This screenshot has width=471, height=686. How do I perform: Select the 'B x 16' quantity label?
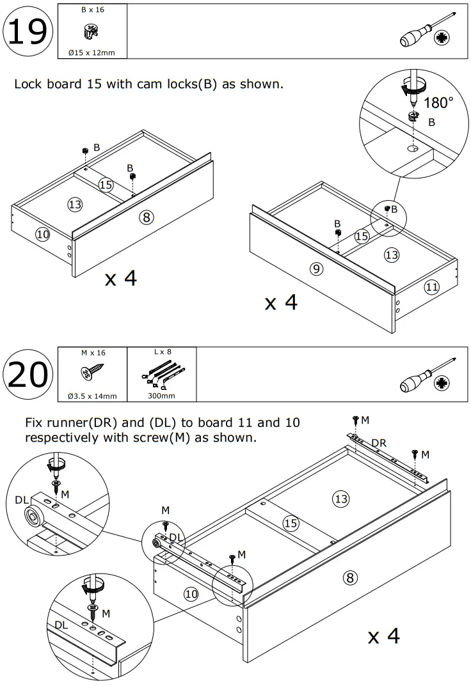92,11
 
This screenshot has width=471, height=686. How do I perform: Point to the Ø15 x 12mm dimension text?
92,52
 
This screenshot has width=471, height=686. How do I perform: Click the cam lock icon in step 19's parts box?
91,31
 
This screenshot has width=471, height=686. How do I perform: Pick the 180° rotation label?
438,103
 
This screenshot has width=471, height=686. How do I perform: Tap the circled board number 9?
315,269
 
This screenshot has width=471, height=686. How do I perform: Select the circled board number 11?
432,287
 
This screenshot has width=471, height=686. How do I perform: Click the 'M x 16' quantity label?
93,353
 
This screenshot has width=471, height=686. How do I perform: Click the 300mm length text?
161,396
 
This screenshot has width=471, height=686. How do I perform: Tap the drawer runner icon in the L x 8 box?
162,375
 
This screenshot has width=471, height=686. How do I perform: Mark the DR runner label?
379,442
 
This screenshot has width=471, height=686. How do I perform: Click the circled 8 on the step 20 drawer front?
349,579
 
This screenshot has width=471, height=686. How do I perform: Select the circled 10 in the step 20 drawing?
191,594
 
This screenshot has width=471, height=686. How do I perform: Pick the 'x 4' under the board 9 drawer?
282,302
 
